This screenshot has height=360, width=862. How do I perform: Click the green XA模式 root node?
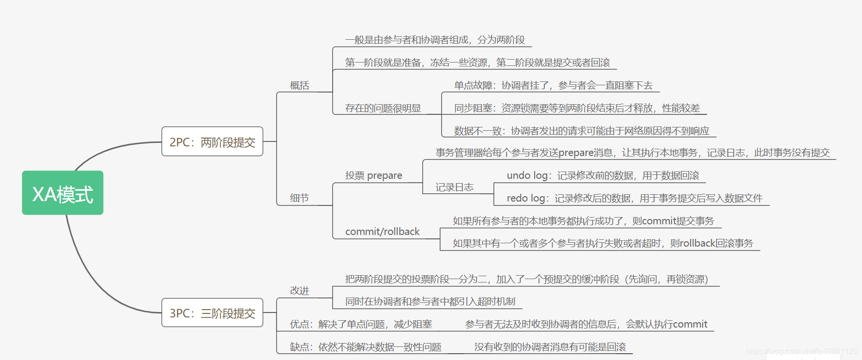[x=62, y=193]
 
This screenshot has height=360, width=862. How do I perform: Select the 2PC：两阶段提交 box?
[x=212, y=141]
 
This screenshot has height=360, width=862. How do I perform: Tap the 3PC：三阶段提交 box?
[x=212, y=313]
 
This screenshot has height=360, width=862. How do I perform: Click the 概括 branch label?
[x=299, y=85]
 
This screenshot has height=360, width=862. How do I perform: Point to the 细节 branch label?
[x=299, y=198]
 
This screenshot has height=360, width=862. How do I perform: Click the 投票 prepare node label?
[x=373, y=175]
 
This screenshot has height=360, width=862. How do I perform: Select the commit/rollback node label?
[x=382, y=232]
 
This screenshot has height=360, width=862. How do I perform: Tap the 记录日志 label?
[x=454, y=187]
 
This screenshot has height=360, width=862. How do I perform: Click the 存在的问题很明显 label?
[x=383, y=108]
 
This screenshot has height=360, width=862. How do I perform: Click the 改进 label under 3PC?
[x=299, y=290]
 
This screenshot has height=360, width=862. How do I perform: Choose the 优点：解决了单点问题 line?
[x=361, y=324]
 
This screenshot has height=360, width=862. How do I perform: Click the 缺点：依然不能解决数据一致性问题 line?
[x=366, y=347]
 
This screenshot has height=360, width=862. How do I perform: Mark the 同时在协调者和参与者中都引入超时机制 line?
[x=430, y=301]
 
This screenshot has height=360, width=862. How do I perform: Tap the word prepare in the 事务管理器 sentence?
[x=576, y=153]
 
